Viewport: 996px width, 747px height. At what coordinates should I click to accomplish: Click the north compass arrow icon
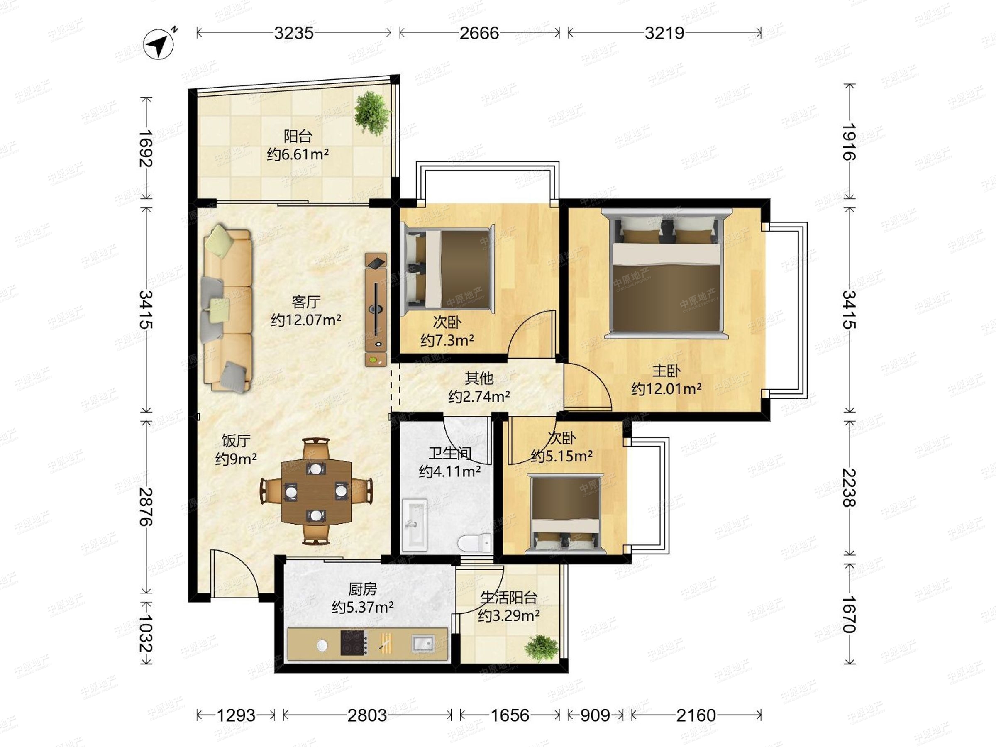159,44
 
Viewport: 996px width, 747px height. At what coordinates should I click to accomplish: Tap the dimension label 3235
293,33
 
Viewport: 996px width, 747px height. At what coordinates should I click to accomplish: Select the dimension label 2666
479,33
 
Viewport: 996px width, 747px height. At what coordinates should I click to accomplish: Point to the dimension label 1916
849,142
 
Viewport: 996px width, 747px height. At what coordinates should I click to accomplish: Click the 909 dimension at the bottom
595,715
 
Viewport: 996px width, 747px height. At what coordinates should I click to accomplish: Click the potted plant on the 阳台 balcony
371,113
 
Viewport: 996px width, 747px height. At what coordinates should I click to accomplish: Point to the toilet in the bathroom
475,542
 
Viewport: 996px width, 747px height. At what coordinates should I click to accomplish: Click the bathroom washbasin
414,525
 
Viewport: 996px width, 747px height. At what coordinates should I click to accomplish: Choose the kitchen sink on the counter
423,643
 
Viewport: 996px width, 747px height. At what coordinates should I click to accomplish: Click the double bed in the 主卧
666,273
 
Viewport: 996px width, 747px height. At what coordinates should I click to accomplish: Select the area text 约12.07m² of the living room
306,320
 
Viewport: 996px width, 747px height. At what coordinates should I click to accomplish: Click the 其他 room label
479,378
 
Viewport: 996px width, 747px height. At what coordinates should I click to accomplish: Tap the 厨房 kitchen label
362,589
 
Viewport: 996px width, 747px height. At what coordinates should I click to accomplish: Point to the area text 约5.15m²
561,456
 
